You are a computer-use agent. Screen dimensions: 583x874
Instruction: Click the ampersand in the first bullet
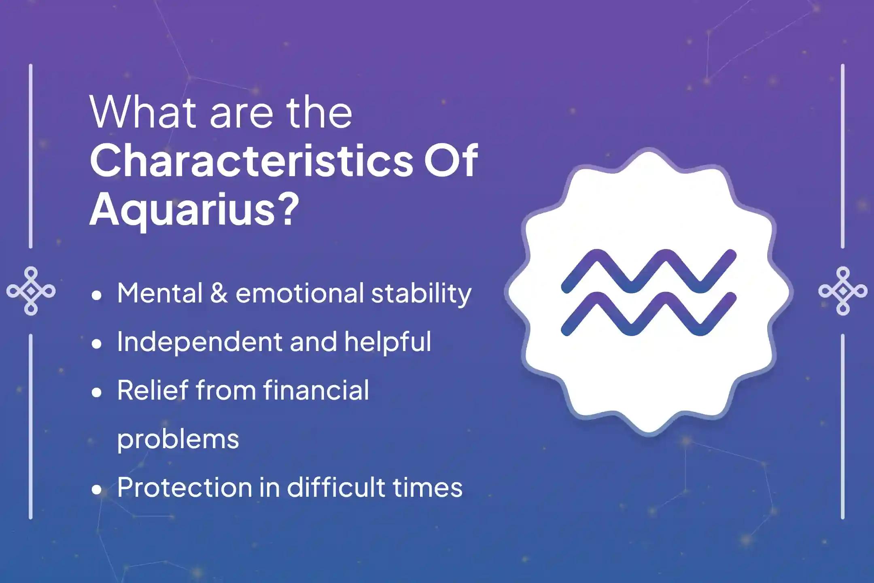pos(219,293)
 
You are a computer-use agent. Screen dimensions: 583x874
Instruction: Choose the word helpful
pos(388,343)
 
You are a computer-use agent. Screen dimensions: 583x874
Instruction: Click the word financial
pos(316,390)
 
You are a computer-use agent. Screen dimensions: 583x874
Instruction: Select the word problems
pos(178,440)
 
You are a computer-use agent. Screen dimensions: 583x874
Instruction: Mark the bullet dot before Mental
pos(96,296)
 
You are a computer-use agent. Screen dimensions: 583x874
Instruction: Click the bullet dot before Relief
pos(96,393)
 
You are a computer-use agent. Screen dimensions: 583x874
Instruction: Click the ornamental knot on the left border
pos(31,291)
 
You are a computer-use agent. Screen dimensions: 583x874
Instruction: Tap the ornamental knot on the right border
pos(843,291)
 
